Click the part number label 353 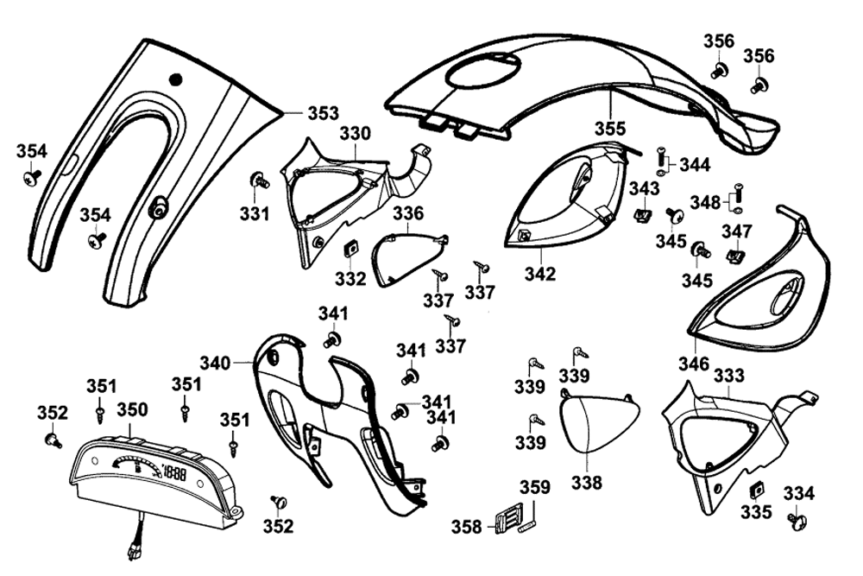[x=324, y=113]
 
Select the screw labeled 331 [x=257, y=180]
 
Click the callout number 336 [x=408, y=212]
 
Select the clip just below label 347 [x=735, y=256]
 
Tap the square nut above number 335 [x=756, y=489]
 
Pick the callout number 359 [x=534, y=488]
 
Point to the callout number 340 [x=216, y=363]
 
